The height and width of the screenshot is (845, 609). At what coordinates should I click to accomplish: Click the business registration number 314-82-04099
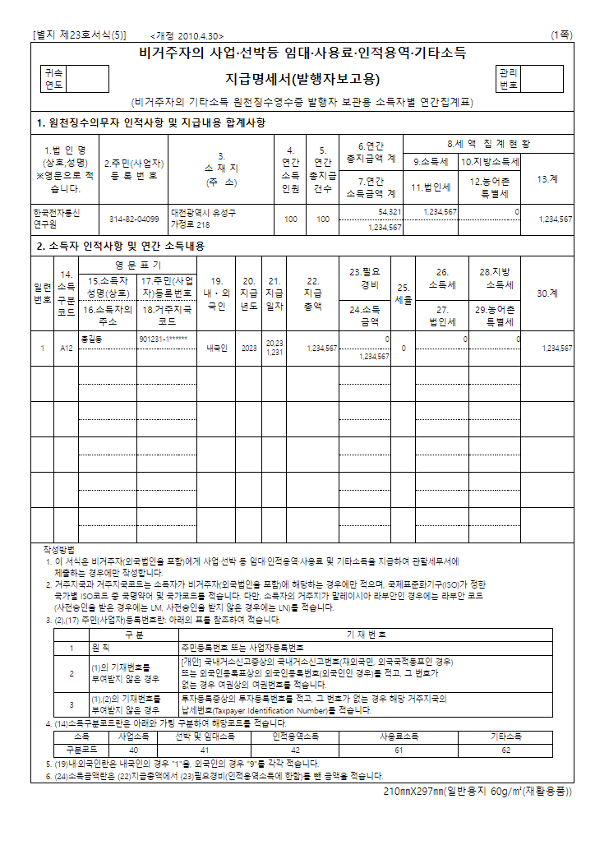135,219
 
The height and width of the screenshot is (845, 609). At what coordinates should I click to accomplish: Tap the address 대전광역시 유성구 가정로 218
203,218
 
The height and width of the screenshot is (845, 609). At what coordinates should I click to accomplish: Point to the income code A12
67,349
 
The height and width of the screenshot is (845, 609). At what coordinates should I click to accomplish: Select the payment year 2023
249,349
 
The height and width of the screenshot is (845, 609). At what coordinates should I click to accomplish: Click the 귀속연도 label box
53,79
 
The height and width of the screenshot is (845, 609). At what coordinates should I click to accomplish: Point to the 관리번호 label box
509,79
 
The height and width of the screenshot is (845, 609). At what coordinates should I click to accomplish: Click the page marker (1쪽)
562,35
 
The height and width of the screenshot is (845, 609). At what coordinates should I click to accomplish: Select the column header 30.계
546,293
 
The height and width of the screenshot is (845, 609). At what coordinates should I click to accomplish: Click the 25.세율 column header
403,293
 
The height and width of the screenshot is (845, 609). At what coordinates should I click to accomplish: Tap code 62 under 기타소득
506,750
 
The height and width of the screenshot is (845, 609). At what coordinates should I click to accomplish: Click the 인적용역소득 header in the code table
296,737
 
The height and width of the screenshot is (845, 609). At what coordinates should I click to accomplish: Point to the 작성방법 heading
59,548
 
